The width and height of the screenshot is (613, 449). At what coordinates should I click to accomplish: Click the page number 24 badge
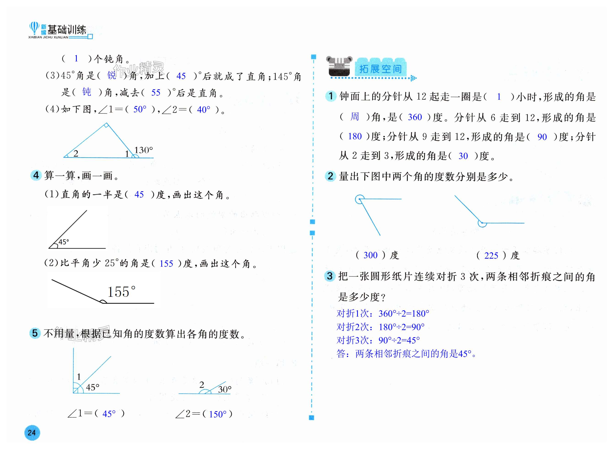pos(32,433)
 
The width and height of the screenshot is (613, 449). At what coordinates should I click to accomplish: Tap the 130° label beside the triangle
pos(143,150)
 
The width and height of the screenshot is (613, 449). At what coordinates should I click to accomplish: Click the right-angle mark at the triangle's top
pos(106,125)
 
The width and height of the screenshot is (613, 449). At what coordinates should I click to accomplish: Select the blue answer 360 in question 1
pos(415,117)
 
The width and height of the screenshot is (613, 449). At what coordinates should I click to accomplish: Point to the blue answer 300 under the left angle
pos(370,255)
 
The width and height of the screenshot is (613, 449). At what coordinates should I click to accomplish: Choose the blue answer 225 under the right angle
pos(491,256)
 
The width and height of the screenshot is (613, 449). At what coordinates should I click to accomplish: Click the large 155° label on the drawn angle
pos(121,292)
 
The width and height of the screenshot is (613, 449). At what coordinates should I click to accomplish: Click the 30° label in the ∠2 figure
pos(225,389)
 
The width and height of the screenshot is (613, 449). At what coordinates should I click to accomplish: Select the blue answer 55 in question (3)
pos(156,93)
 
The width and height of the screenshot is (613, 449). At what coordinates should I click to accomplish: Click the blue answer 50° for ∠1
pos(140,109)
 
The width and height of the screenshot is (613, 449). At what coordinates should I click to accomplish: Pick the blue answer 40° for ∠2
pos(203,110)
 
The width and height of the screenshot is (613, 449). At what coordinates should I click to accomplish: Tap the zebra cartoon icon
pos(339,67)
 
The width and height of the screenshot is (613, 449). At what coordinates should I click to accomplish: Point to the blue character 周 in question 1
pos(354,117)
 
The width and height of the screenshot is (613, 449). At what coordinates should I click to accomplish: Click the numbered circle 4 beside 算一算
pos(36,175)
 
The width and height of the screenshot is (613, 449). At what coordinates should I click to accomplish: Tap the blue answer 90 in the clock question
pos(542,137)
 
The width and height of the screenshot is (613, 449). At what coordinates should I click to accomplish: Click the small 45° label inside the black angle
pos(64,242)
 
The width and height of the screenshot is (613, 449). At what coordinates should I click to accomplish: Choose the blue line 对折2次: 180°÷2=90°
pos(380,327)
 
